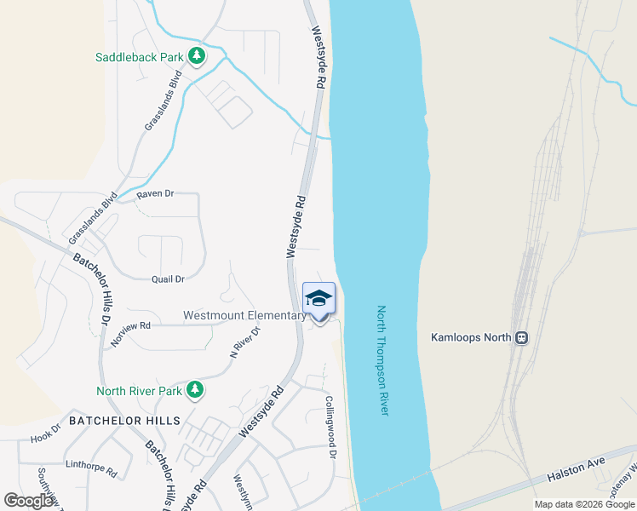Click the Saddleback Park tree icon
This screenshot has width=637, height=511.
point(198,57)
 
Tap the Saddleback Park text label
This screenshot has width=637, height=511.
point(140,57)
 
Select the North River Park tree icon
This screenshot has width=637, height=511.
point(195,390)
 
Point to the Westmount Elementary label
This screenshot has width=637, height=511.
point(244,315)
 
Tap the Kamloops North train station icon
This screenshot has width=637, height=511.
point(521,337)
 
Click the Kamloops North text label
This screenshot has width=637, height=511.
point(471,337)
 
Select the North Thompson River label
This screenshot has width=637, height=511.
point(382,360)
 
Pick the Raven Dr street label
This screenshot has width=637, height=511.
point(155,194)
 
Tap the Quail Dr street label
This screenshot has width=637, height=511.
point(167,278)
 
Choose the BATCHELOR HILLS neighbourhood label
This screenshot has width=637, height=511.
point(124,421)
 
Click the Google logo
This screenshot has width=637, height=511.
point(29,501)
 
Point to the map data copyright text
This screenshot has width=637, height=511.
point(585,504)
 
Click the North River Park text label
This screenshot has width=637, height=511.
point(139,391)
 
